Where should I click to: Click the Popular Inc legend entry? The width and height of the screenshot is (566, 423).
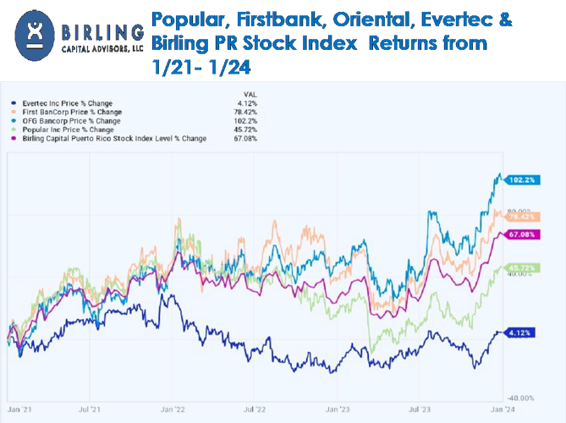coord(64,126)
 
